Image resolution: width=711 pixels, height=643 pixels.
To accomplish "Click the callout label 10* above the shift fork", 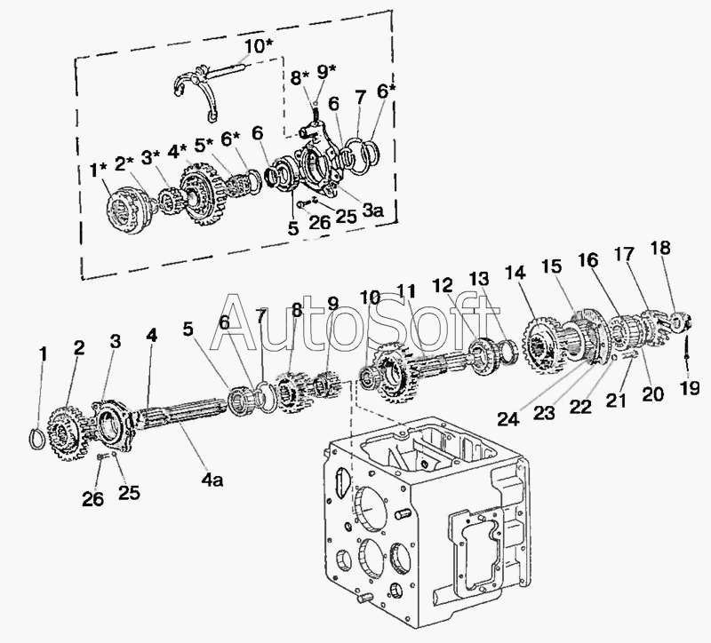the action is pos(259,46).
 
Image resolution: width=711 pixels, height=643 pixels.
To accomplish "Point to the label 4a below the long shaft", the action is pos(212,480).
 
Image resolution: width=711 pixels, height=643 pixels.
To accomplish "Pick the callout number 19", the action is pos(690,388).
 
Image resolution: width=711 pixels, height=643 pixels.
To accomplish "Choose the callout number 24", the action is pos(507,419).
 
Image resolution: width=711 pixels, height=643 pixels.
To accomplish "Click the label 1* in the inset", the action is pos(99,171).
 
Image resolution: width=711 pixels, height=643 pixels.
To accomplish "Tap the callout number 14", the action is pos(515,273).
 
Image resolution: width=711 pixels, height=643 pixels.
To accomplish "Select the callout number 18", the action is pos(660,248).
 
